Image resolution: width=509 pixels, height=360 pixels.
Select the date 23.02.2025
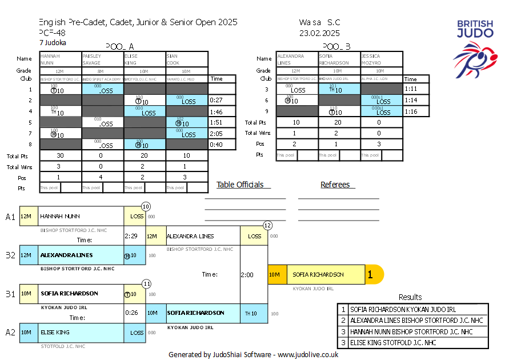click(x=319, y=33)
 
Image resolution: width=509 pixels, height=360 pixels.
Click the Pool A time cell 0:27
click(x=215, y=101)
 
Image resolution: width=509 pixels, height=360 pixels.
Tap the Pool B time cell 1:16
click(x=411, y=112)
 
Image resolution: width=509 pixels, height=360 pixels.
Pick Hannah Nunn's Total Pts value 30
click(x=60, y=156)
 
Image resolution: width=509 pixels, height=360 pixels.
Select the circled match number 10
click(x=146, y=206)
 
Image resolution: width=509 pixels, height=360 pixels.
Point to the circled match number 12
click(x=267, y=225)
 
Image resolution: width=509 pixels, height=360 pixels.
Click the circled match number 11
click(x=146, y=283)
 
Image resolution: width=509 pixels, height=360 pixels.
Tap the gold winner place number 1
click(x=370, y=275)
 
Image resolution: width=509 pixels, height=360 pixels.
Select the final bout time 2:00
click(x=247, y=275)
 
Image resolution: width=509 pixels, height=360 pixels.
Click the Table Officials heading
click(x=240, y=185)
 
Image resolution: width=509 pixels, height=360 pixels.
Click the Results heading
click(x=410, y=297)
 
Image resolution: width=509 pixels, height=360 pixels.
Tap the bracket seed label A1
click(x=10, y=217)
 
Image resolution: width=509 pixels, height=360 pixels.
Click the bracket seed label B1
click(x=10, y=294)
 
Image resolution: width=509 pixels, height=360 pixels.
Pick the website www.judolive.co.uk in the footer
click(x=308, y=354)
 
